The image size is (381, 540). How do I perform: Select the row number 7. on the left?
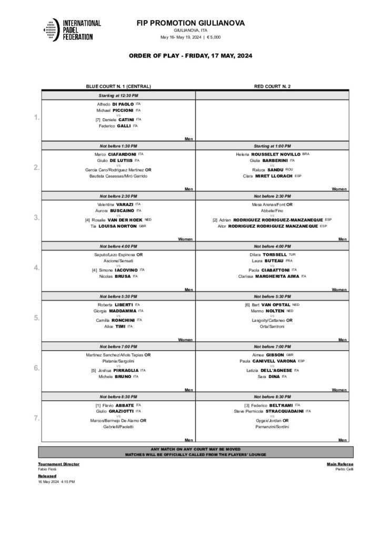coord(36,418)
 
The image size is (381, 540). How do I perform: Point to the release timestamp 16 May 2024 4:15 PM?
coord(57,481)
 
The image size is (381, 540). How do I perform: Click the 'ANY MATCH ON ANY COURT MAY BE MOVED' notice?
coord(196,449)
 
